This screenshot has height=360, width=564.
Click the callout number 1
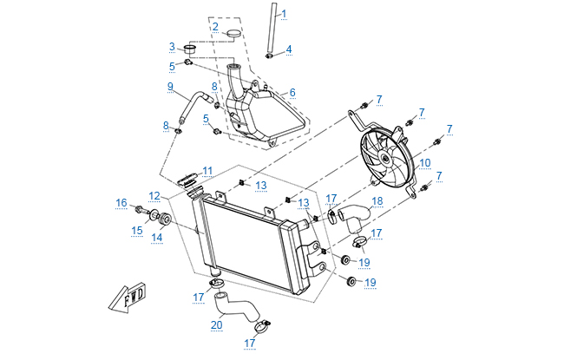click(283, 14)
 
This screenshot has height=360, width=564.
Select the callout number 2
click(214, 26)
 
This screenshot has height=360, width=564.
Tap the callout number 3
click(172, 47)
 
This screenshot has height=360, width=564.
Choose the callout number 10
click(424, 161)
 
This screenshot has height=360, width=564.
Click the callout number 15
click(136, 229)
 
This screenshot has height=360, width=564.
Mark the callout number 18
click(377, 201)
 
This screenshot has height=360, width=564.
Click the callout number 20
click(216, 326)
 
